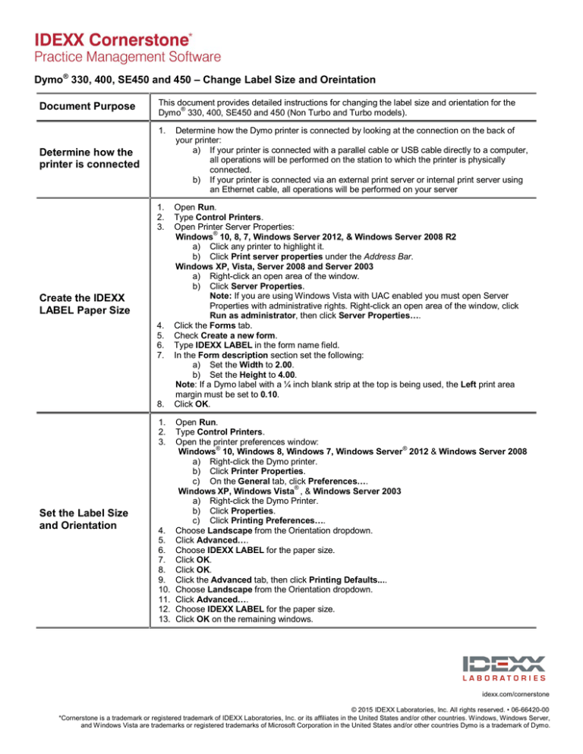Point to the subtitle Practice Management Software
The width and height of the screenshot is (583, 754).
pos(116,57)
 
